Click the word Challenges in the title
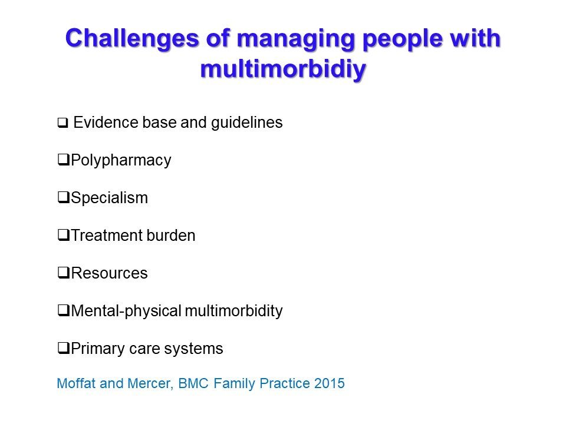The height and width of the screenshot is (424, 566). coord(132,39)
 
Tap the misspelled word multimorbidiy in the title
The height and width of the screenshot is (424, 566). coord(284,69)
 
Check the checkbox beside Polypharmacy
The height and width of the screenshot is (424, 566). coord(64,159)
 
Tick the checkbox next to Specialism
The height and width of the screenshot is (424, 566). coord(64,197)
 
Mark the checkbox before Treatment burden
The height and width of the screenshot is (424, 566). coord(64,235)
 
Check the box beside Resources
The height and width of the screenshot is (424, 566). coord(64,272)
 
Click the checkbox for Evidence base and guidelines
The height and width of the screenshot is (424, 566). coord(63,123)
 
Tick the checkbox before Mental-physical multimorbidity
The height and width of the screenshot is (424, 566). coord(64,310)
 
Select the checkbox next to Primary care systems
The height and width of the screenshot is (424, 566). coord(64,348)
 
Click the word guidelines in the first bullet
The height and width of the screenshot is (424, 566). coord(247,123)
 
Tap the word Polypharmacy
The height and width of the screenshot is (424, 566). coord(121,160)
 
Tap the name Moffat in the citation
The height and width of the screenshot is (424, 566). coord(77,383)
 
